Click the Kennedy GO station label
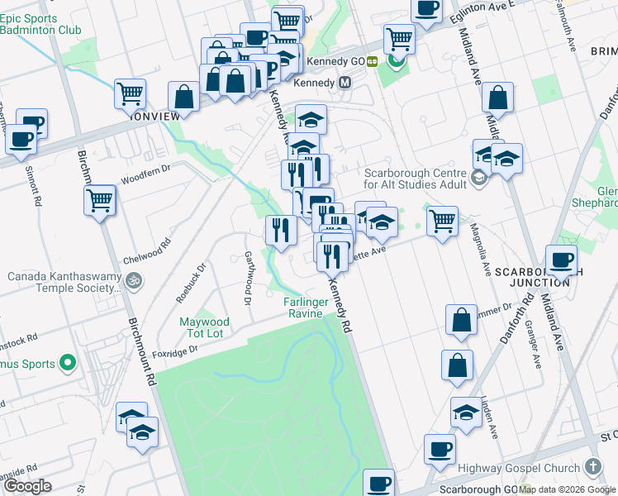pos(335,61)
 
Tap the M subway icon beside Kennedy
pos(345,83)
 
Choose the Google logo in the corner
pos(27,486)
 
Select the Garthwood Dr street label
pos(246,278)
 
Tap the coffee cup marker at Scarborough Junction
pos(561,260)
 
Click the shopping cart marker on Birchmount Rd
pos(100,199)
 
